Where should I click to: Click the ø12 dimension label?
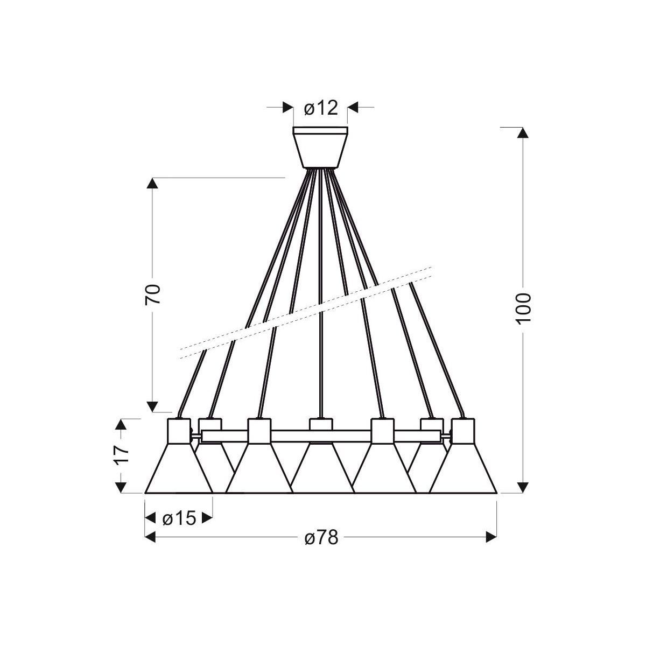[321, 108]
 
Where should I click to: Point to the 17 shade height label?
[121, 454]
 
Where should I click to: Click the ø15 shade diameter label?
[179, 518]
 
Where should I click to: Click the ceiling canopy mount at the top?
[320, 147]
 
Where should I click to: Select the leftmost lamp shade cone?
[179, 468]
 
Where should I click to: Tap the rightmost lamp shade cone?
[463, 468]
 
